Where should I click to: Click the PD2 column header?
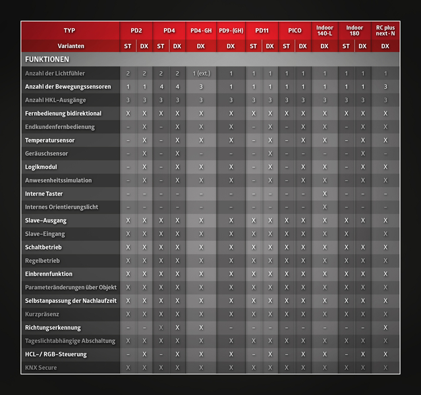pos(136,30)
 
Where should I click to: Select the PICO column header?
pos(294,30)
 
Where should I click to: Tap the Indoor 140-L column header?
pos(324,30)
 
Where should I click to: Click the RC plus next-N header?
pos(385,30)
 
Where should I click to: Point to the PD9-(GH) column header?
pos(231,30)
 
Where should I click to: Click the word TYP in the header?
pos(70,30)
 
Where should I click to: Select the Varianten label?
pos(70,45)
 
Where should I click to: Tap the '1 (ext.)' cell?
pos(201,73)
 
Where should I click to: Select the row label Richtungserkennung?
pos(53,327)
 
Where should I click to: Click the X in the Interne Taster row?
pos(324,194)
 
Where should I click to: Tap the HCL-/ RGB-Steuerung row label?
pos(55,354)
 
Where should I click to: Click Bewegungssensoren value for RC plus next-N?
pos(385,87)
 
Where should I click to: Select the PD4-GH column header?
pos(201,30)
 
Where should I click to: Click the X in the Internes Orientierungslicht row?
pos(324,207)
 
